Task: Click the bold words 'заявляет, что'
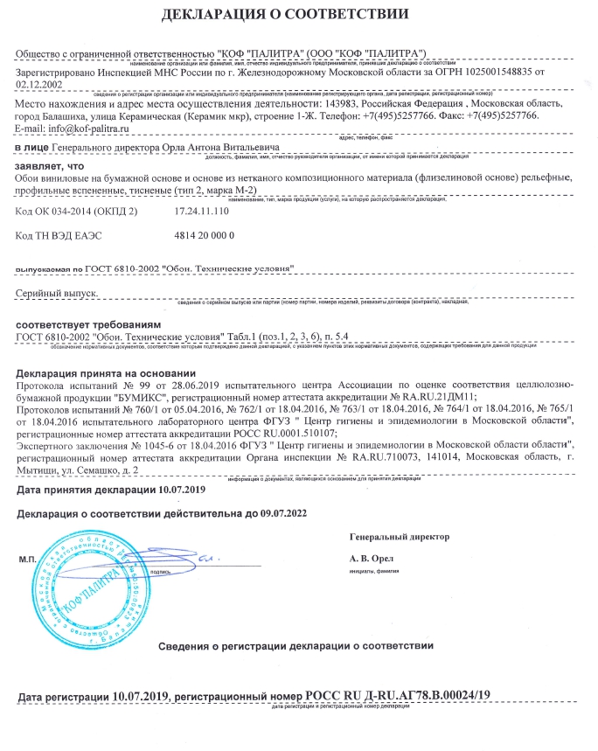tap(51, 164)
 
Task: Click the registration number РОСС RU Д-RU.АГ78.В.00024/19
tap(398, 696)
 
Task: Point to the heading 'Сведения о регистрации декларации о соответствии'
tap(296, 645)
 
